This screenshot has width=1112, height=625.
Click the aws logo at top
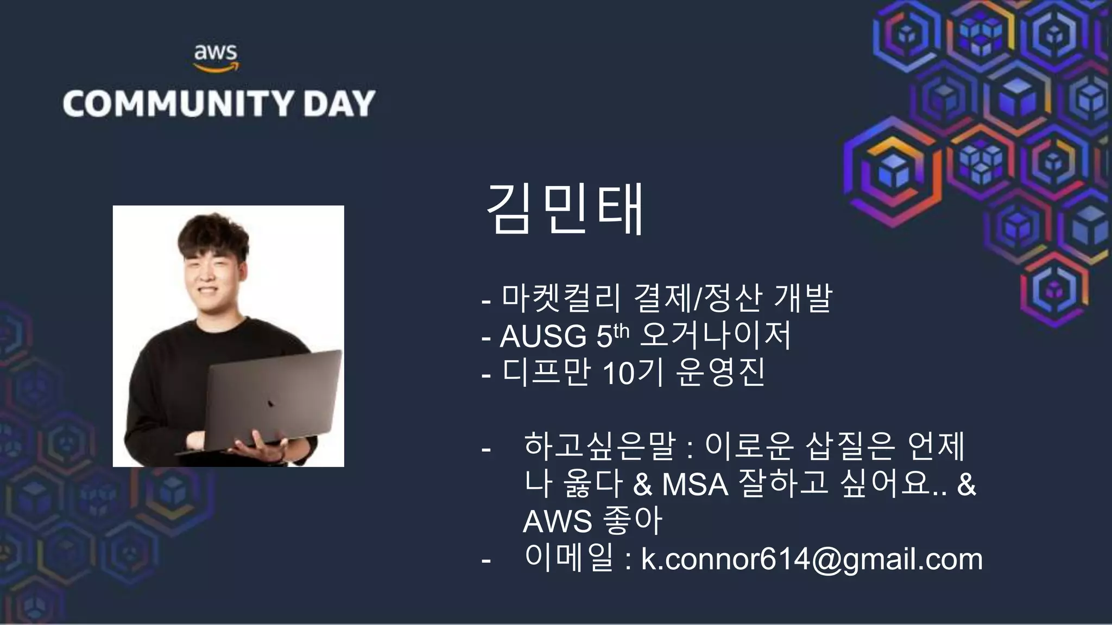pos(216,58)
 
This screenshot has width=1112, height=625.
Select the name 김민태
pos(565,209)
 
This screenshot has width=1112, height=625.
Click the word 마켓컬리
pos(561,298)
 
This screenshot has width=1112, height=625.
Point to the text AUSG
pos(543,336)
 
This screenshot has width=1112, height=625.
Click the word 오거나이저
pos(716,335)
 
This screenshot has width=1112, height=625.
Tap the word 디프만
pos(546,373)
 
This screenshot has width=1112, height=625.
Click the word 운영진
pos(721,373)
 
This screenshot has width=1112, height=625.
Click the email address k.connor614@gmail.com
pos(812,559)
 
